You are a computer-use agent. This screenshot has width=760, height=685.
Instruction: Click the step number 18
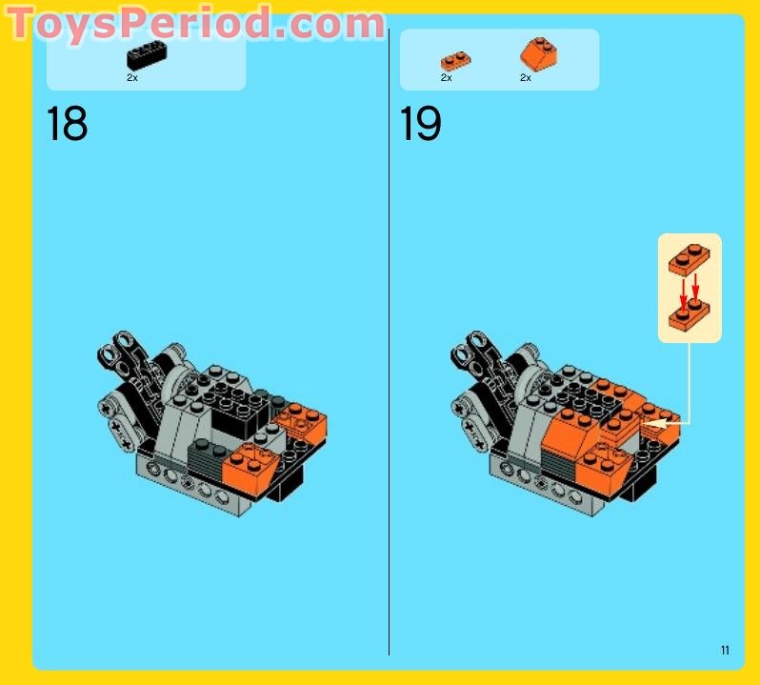pyautogui.click(x=67, y=125)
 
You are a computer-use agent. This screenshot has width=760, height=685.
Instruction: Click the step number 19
pyautogui.click(x=420, y=125)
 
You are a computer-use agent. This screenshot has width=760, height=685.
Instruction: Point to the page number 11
pyautogui.click(x=725, y=651)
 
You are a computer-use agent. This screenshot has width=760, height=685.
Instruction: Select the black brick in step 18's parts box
pyautogui.click(x=147, y=57)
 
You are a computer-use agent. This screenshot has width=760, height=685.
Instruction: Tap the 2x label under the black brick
pyautogui.click(x=132, y=78)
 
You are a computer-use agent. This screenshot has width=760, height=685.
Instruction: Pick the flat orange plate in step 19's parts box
pyautogui.click(x=455, y=61)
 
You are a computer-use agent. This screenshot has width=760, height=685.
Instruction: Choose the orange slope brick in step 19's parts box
pyautogui.click(x=538, y=54)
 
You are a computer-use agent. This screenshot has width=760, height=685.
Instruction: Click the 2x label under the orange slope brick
pyautogui.click(x=526, y=78)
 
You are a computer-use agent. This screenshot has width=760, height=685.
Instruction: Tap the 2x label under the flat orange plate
pyautogui.click(x=446, y=78)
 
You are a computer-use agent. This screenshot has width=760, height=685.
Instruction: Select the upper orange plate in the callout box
pyautogui.click(x=690, y=258)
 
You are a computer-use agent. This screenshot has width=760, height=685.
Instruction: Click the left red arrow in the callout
pyautogui.click(x=683, y=289)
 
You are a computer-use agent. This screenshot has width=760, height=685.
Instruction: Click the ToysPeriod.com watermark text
pyautogui.click(x=195, y=23)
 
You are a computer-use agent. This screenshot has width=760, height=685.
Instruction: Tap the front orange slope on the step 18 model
pyautogui.click(x=249, y=463)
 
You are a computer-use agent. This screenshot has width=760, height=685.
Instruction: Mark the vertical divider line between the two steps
pyautogui.click(x=389, y=343)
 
